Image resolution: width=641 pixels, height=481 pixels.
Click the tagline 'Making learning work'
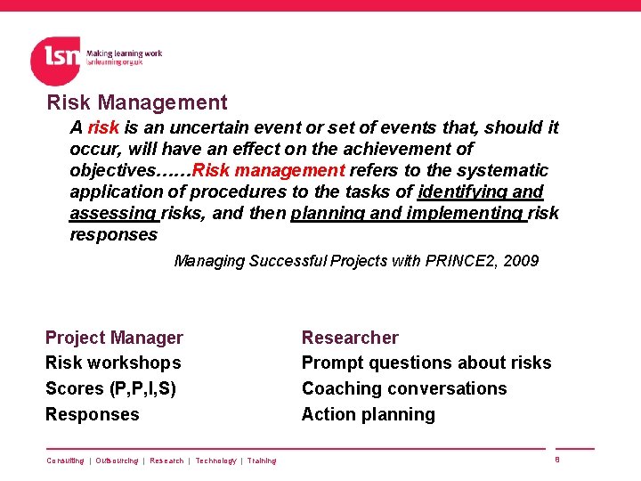coord(124,53)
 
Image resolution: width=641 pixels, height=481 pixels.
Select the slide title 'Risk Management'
coord(137,103)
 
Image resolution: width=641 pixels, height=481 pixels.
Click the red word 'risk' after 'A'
coord(103,127)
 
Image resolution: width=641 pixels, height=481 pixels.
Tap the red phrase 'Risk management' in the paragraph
coord(268,170)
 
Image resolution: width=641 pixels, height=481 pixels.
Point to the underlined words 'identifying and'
coord(481,192)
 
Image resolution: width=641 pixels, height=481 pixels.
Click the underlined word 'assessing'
coord(113,213)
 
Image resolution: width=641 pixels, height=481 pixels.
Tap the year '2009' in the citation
coord(520,261)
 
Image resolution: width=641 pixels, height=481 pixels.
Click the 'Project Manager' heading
coord(114,338)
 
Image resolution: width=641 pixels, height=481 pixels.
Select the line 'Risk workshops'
coord(113,363)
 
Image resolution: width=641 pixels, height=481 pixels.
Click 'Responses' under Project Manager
coord(93,414)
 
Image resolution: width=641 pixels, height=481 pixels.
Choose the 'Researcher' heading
coord(350,338)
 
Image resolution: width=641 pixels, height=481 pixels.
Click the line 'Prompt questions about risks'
coord(426,363)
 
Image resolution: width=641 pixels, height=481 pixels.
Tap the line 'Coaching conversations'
coord(404,388)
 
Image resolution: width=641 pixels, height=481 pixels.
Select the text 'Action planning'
coord(369,414)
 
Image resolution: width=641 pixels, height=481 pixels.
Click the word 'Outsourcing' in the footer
coord(117,461)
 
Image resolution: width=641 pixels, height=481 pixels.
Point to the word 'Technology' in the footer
coord(215,461)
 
